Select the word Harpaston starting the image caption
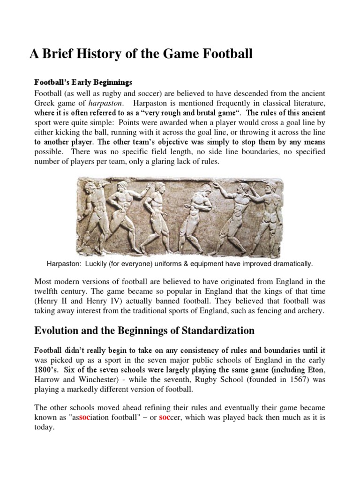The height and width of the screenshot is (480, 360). [x=63, y=264]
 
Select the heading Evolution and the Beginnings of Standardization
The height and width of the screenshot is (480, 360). [x=144, y=331]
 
